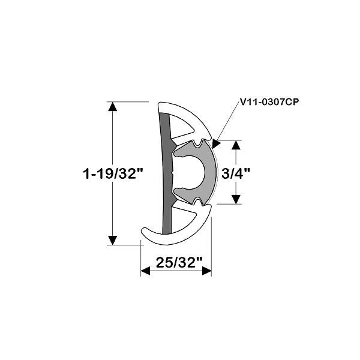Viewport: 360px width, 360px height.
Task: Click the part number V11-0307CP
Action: pos(269,102)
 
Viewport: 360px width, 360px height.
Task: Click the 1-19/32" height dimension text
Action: pos(113,173)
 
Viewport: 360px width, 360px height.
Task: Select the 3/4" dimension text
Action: pos(236,173)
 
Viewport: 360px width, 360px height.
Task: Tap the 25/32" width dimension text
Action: pos(179,262)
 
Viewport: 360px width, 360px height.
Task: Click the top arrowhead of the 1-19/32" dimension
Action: pos(112,107)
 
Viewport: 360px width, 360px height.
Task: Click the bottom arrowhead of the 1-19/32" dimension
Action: pos(112,240)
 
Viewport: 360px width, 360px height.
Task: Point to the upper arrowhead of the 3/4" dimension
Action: pos(236,145)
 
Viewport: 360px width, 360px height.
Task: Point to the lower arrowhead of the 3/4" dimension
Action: pos(236,199)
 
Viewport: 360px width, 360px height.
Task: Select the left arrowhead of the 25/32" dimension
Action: pos(145,271)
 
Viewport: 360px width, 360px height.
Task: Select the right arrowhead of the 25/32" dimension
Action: pos(206,271)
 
